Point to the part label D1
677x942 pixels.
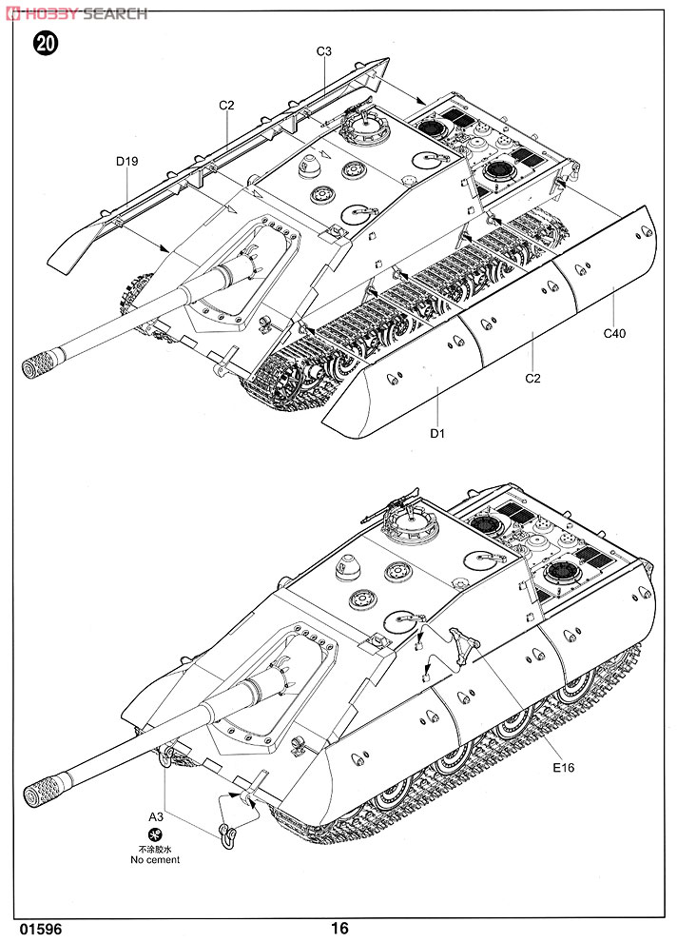[437, 435]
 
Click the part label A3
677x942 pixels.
[155, 815]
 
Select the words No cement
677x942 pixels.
[155, 860]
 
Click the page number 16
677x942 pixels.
[340, 928]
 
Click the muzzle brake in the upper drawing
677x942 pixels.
[43, 363]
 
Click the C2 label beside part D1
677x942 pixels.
[532, 379]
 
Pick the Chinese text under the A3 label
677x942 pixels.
[155, 848]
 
